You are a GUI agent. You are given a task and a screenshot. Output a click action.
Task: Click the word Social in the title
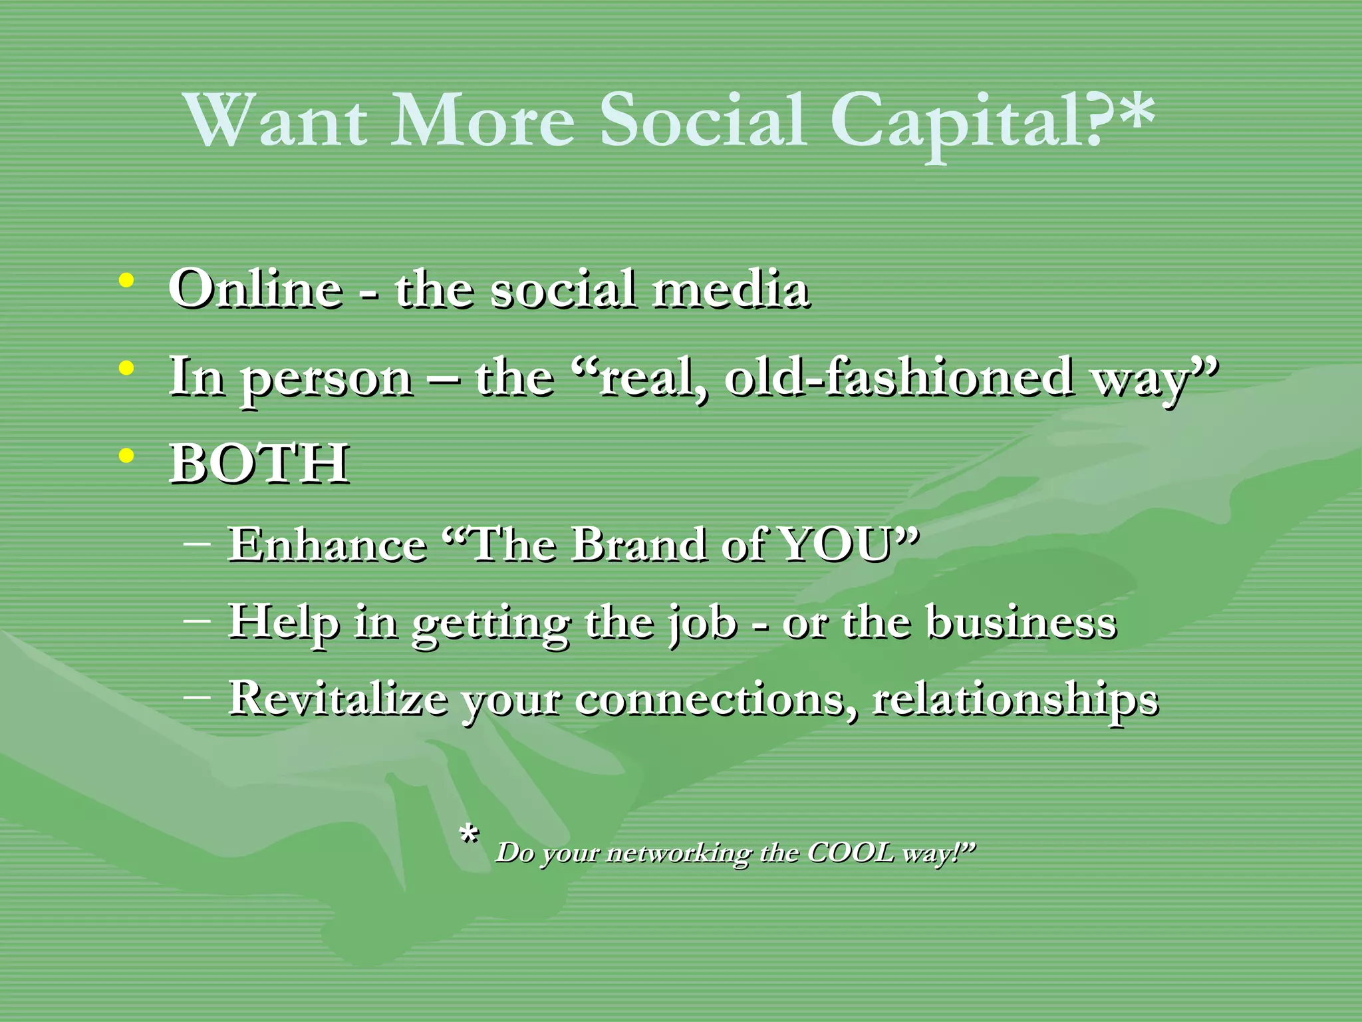703,120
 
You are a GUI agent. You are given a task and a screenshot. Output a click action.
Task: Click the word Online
256,289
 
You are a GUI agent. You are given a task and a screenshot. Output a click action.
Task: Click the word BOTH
259,463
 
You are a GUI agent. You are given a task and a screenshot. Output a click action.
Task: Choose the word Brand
639,544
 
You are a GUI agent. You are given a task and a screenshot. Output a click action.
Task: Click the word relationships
1016,700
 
